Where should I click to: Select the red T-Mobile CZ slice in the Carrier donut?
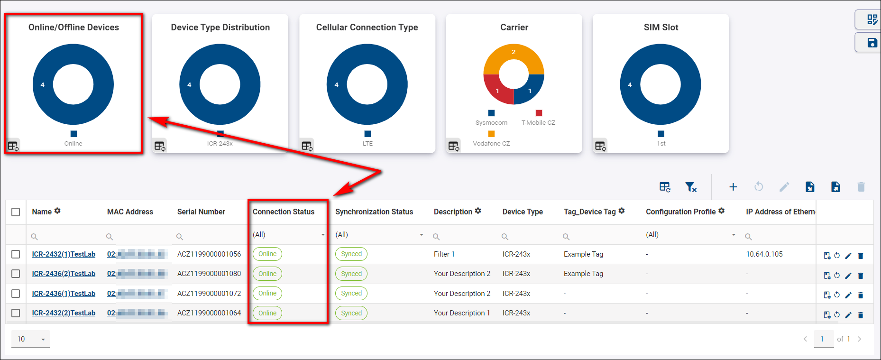tap(496, 92)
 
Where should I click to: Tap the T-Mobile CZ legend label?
tap(538, 123)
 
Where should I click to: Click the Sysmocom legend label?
tap(491, 123)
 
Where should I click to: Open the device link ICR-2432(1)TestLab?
tap(64, 254)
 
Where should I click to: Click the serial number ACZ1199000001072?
tap(209, 294)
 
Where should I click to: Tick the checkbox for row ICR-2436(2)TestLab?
tap(16, 274)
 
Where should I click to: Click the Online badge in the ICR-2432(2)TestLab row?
tap(267, 313)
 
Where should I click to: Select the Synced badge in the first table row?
tap(351, 254)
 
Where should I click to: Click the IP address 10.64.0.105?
tap(764, 254)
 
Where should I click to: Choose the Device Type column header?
tap(523, 212)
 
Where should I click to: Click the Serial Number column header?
tap(201, 212)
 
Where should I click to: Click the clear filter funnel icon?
tap(691, 187)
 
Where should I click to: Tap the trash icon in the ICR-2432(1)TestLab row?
tap(861, 256)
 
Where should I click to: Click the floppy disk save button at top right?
tap(872, 43)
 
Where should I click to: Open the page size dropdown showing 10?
tap(31, 339)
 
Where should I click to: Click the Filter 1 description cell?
tap(444, 254)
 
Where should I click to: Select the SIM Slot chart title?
tap(661, 28)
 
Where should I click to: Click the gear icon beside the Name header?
tap(57, 211)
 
